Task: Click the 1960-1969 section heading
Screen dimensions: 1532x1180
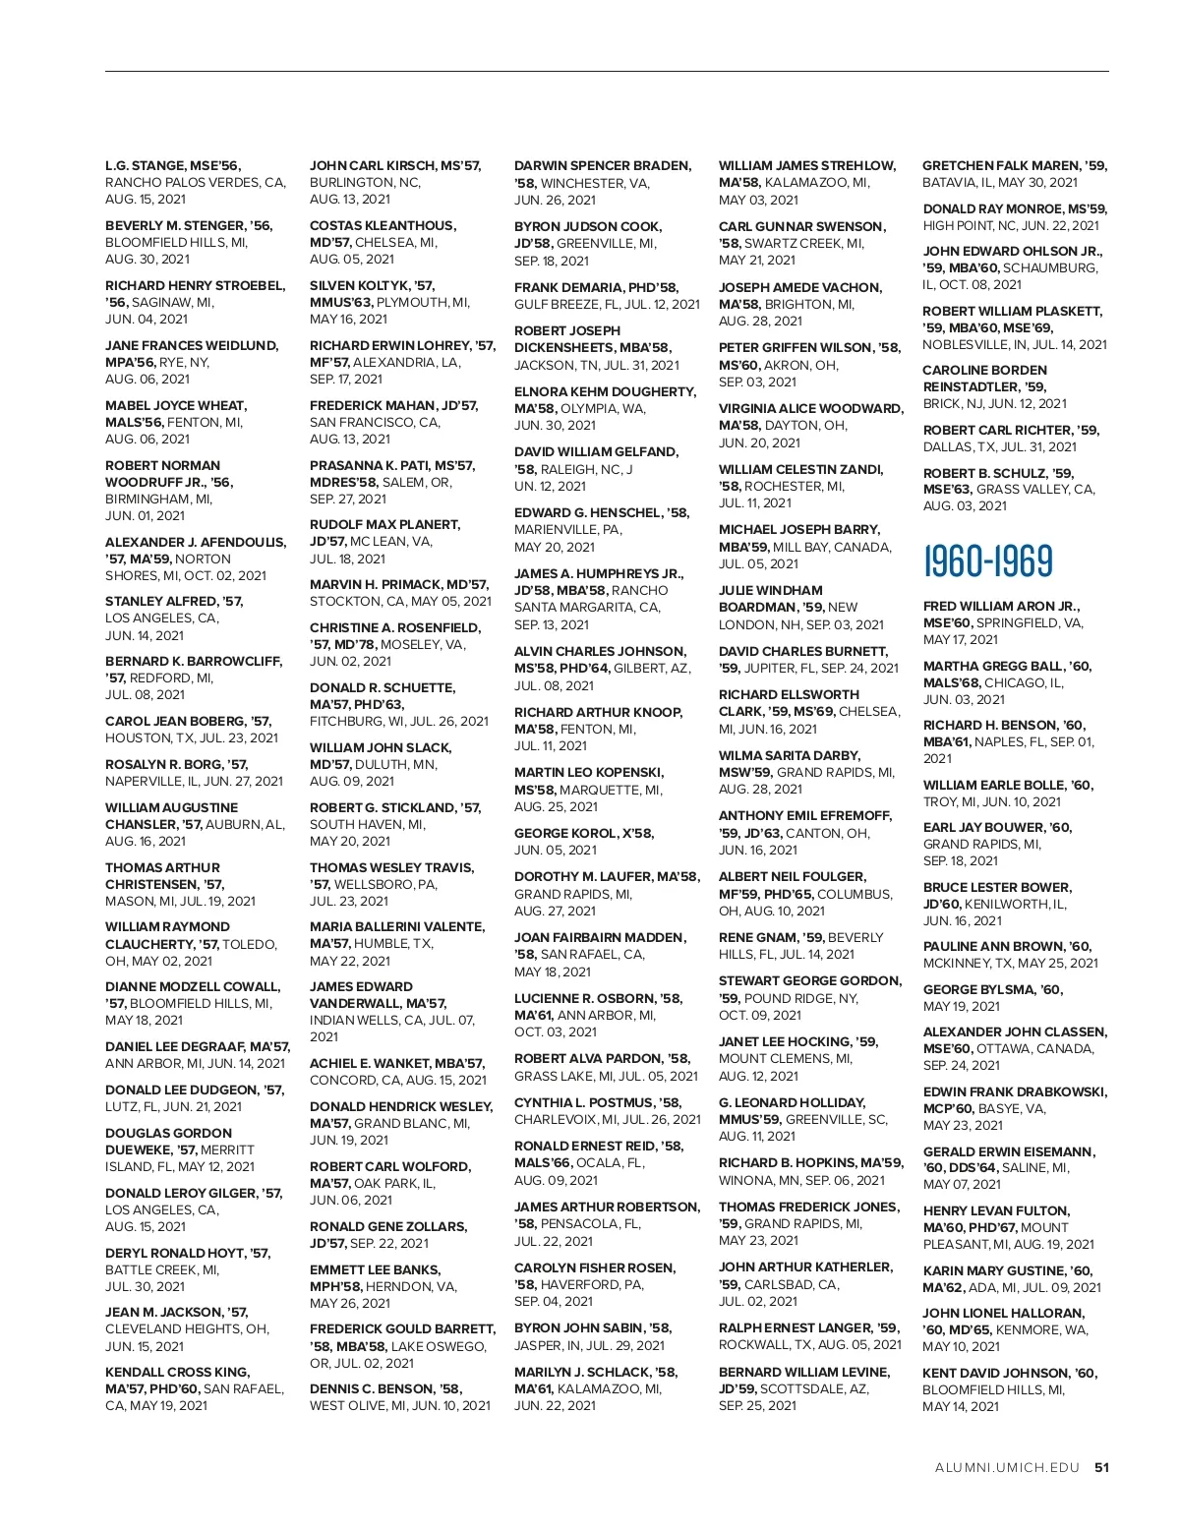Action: [x=987, y=560]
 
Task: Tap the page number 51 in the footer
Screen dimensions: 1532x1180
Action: [x=1101, y=1468]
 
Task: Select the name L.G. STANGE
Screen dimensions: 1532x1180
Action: [x=145, y=165]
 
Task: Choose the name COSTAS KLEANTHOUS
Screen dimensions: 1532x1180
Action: [x=383, y=225]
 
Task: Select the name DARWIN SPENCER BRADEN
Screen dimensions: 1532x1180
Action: [x=602, y=165]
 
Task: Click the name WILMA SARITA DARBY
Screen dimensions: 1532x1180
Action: [x=789, y=755]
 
